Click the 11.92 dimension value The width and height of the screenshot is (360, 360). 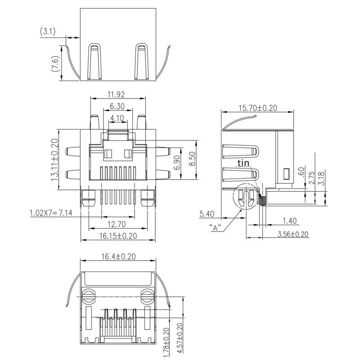[116, 94]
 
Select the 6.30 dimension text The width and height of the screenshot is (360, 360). [117, 107]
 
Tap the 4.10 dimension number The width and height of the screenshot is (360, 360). [117, 119]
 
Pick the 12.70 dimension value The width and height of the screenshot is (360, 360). [116, 224]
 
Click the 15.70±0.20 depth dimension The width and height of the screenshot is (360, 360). [257, 108]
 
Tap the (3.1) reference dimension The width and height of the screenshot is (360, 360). [48, 31]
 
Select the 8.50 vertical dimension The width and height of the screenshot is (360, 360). [192, 159]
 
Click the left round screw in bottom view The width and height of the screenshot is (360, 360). [88, 296]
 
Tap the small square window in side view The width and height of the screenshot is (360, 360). [286, 173]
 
